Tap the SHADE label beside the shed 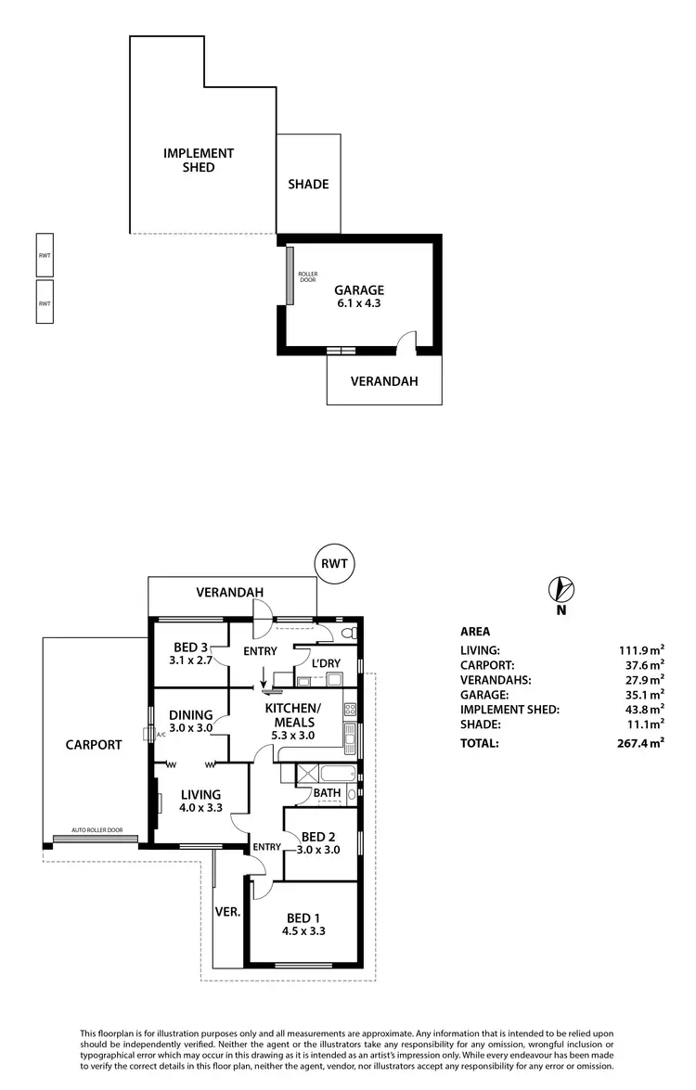pos(308,184)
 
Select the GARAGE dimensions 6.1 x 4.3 pos(359,303)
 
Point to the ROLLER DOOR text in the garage pos(308,276)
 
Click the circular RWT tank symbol pos(335,562)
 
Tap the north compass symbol pos(561,589)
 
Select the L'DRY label pos(326,662)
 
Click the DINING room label pos(191,715)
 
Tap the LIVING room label pos(200,794)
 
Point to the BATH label pos(327,793)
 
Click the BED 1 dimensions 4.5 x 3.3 pos(299,931)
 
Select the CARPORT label pos(93,744)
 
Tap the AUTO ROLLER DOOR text pos(97,830)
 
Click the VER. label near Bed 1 pos(228,912)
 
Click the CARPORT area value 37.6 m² pos(643,665)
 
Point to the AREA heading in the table pos(475,631)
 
